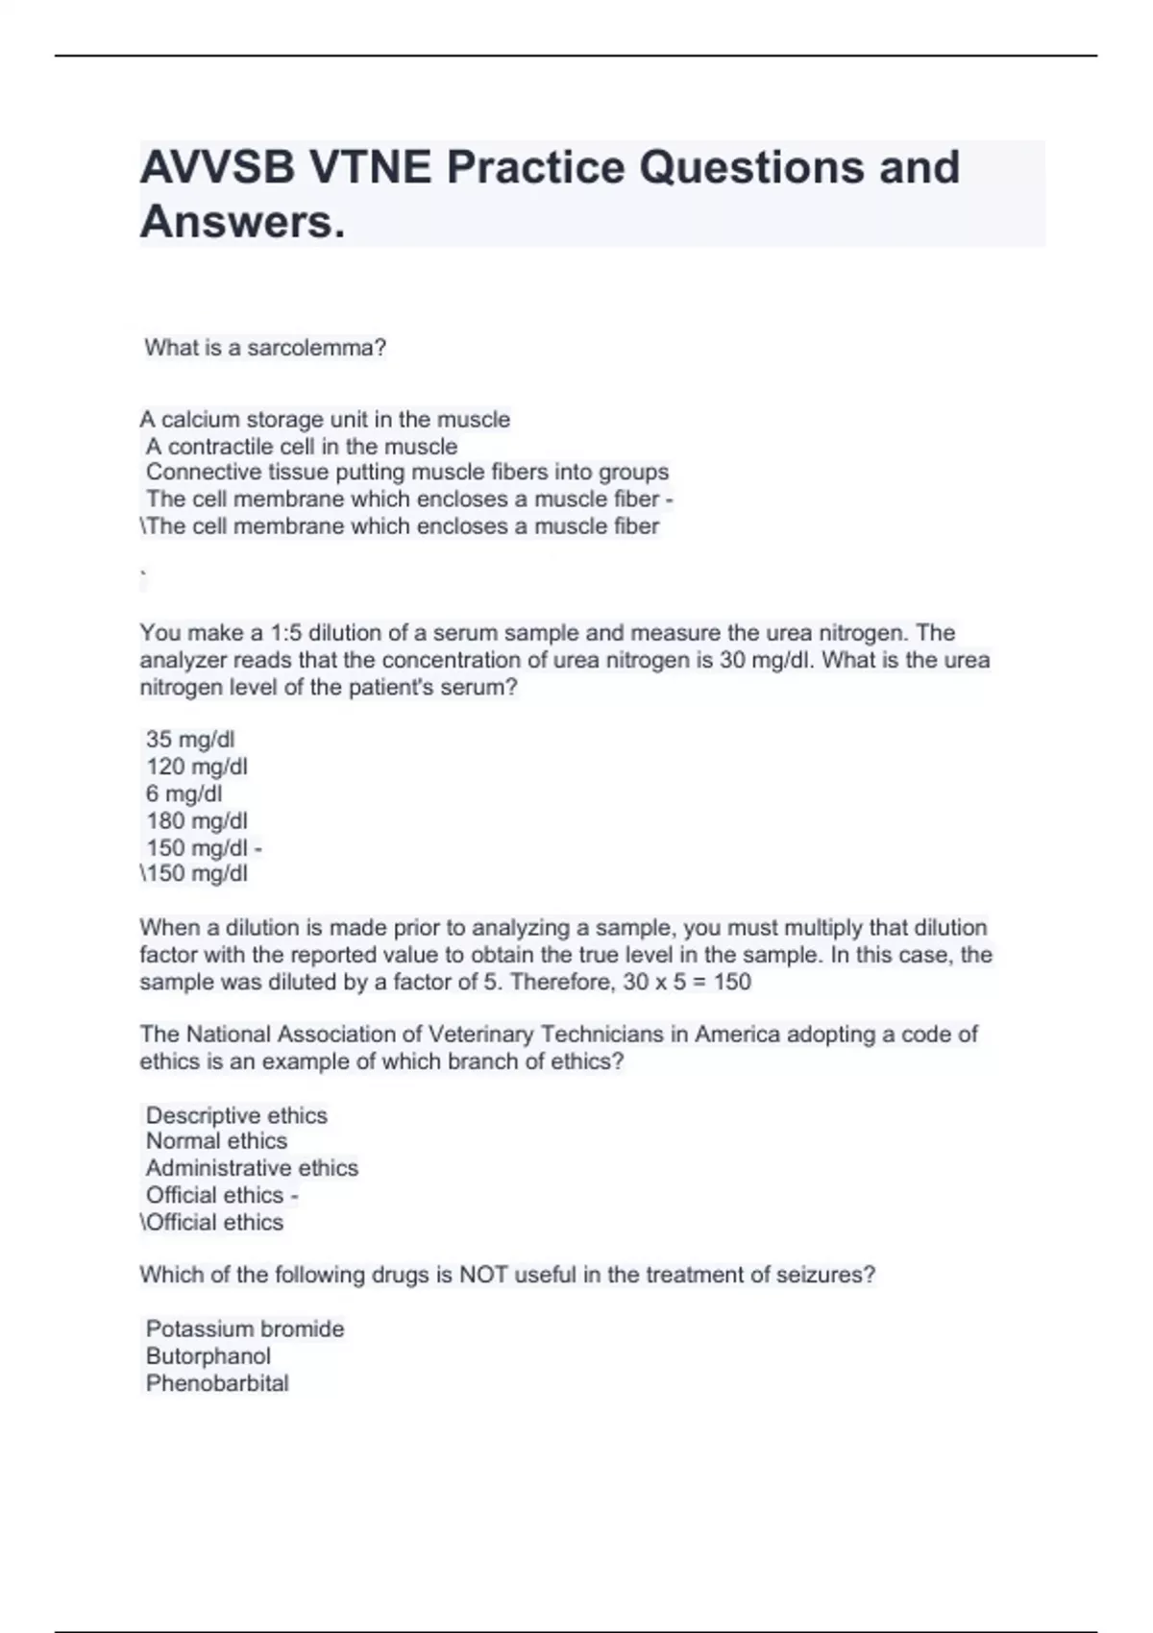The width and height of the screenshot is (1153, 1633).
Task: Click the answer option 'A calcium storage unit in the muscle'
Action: pos(325,420)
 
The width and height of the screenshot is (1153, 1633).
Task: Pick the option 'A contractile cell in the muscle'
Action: pos(301,447)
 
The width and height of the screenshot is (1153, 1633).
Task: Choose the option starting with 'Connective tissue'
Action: pos(406,473)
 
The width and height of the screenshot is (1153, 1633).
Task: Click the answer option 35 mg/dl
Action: pos(190,740)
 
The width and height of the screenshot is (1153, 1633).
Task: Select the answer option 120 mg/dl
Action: pos(196,767)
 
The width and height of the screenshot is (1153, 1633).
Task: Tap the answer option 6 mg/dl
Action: pos(184,793)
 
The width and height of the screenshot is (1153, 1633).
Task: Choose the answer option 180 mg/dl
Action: pos(196,821)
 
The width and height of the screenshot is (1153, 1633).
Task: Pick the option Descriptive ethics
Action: pos(236,1116)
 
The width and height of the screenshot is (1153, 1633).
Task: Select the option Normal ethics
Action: pos(216,1141)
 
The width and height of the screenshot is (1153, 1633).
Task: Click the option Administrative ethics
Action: pos(252,1168)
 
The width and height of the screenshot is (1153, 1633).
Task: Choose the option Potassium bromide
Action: pos(244,1329)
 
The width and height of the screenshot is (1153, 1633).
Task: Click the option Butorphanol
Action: pos(208,1356)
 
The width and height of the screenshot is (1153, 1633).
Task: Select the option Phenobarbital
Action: pos(216,1383)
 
